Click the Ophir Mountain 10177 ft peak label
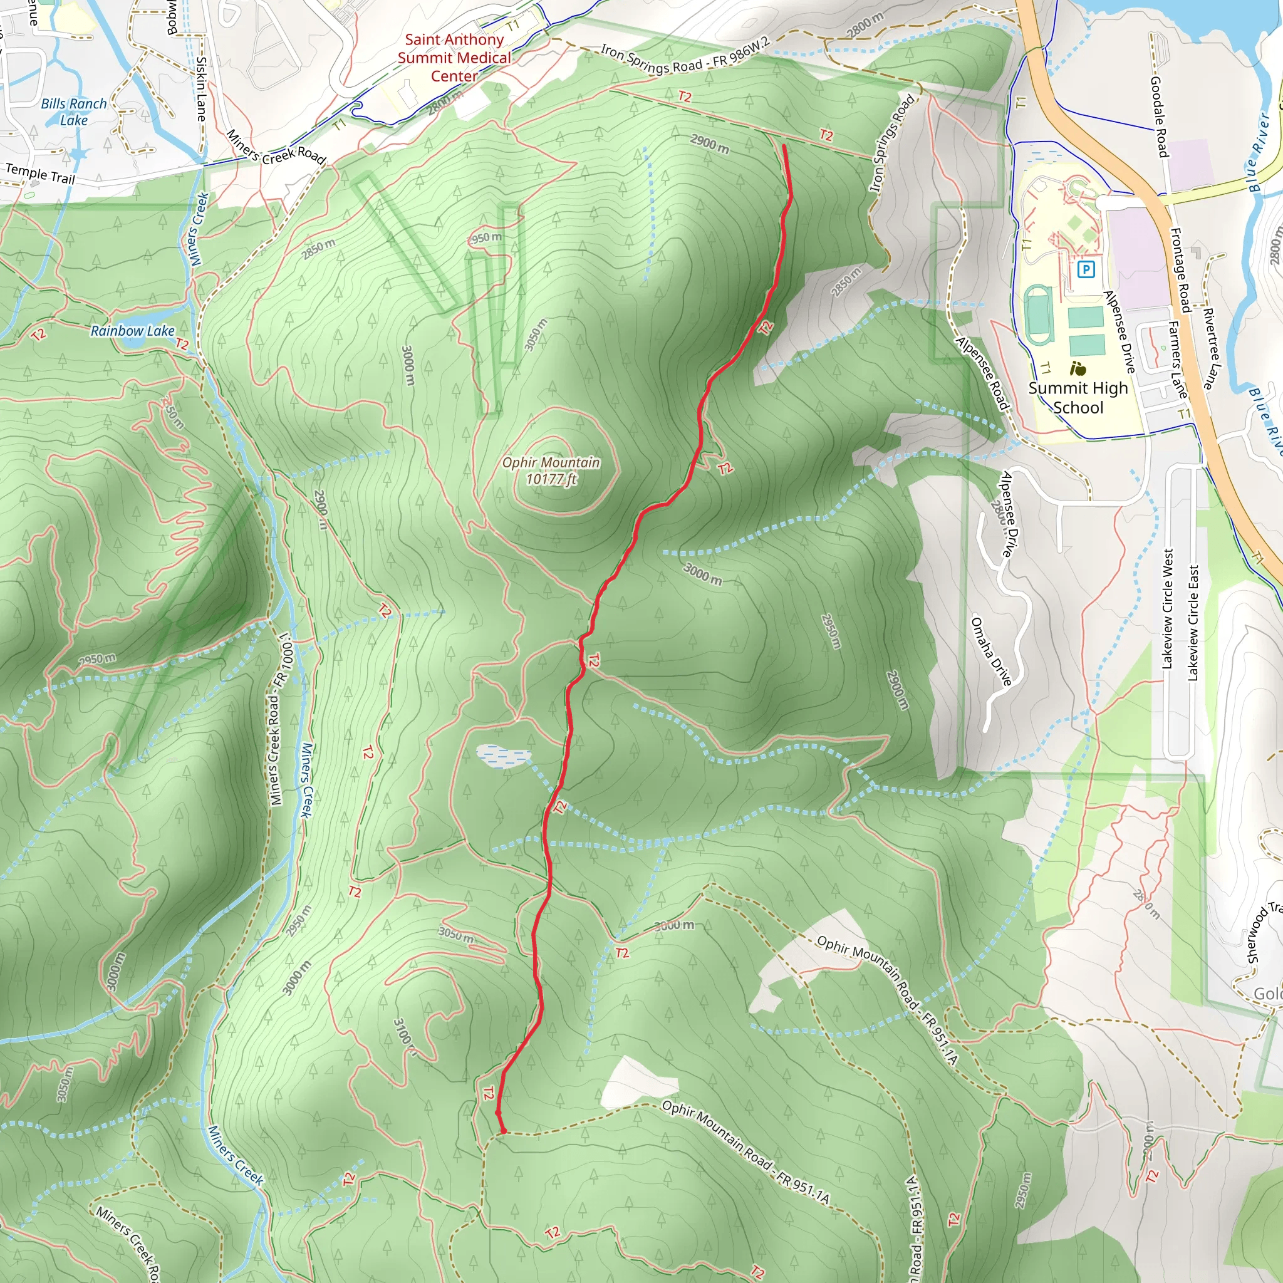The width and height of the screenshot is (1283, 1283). [x=551, y=471]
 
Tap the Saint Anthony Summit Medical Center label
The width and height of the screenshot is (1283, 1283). [x=454, y=58]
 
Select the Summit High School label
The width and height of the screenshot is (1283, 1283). [x=1078, y=397]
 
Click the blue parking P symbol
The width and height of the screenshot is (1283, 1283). [x=1086, y=269]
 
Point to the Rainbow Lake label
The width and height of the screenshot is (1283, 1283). [x=132, y=331]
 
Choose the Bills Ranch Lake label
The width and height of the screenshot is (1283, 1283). [x=74, y=112]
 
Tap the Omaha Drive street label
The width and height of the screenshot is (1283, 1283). [x=991, y=651]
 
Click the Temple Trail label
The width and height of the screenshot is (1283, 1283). [x=40, y=174]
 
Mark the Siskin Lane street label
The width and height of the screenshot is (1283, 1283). [x=201, y=89]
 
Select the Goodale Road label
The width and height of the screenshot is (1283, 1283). [x=1159, y=117]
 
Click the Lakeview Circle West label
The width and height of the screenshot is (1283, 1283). [x=1168, y=608]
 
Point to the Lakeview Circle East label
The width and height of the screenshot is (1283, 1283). [x=1193, y=623]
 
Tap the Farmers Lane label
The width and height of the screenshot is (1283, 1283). [x=1177, y=359]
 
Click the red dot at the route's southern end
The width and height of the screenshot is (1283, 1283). [x=502, y=1130]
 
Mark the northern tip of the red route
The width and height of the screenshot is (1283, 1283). [x=784, y=145]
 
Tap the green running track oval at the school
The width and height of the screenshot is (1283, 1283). [x=1038, y=314]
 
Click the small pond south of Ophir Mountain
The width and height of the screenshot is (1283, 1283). [x=502, y=755]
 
